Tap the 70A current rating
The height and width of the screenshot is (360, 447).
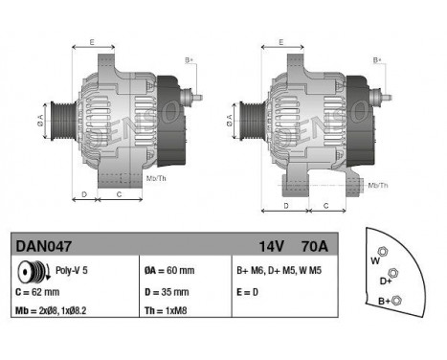pyautogui.click(x=313, y=246)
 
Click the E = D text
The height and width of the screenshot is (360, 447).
pyautogui.click(x=247, y=291)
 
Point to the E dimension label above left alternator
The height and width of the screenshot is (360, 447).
pyautogui.click(x=92, y=42)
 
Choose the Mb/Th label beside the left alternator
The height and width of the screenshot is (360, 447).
pyautogui.click(x=156, y=178)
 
